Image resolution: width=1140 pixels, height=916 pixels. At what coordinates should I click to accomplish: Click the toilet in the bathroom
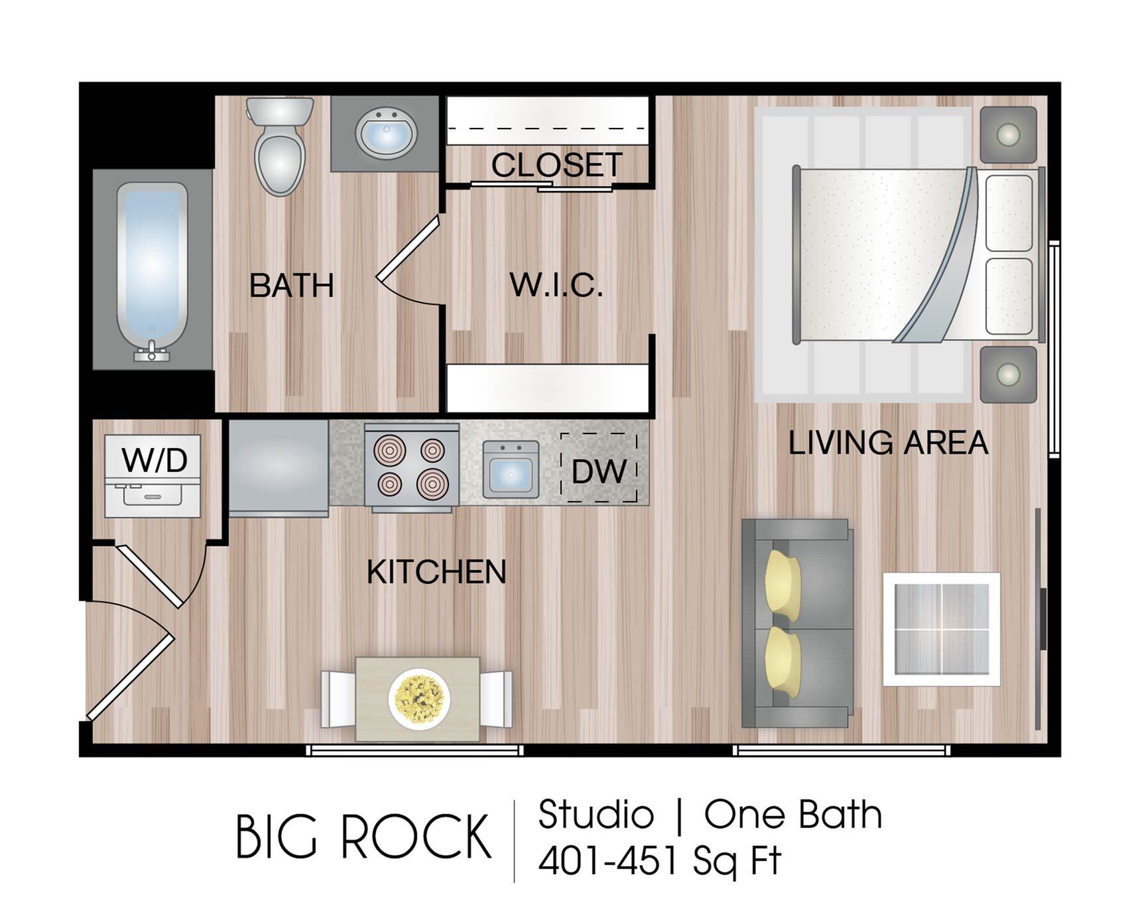click(x=280, y=146)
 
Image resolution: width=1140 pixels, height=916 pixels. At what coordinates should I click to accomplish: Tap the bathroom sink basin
click(x=386, y=133)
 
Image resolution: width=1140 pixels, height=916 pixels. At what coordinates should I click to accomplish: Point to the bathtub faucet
click(x=152, y=351)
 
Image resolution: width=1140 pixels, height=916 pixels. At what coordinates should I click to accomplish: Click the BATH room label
click(x=291, y=286)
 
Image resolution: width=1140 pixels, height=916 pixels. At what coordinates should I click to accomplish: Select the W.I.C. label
click(x=556, y=285)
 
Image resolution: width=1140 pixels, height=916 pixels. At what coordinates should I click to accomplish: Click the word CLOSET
click(x=557, y=164)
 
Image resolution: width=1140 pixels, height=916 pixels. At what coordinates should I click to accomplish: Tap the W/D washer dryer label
click(x=155, y=460)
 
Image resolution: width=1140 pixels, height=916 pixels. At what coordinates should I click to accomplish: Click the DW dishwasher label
click(x=599, y=471)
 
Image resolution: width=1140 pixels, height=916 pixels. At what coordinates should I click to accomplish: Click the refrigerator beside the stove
click(x=279, y=468)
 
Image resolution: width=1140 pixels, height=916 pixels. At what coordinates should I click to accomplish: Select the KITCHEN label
click(x=436, y=572)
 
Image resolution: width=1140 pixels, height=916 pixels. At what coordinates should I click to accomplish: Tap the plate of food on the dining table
click(x=419, y=699)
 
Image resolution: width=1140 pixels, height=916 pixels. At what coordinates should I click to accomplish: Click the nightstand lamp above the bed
click(x=1008, y=135)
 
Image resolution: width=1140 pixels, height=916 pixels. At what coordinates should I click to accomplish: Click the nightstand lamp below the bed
click(x=1008, y=374)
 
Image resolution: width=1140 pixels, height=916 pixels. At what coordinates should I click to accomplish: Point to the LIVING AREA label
click(x=888, y=443)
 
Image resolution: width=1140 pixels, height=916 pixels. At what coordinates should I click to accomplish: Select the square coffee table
click(x=942, y=629)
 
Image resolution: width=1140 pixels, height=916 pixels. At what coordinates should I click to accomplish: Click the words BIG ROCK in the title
click(x=363, y=837)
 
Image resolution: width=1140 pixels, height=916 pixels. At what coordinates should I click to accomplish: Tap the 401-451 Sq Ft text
click(x=660, y=861)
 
